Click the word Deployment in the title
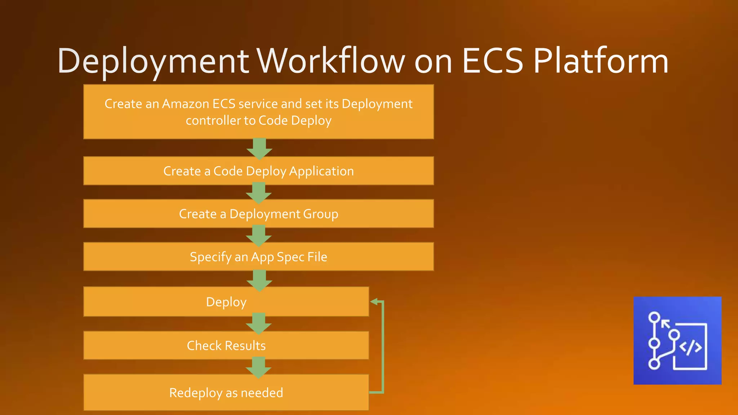click(x=153, y=61)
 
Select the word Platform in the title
click(x=601, y=61)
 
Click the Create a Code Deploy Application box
click(x=258, y=171)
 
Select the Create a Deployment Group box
click(x=258, y=214)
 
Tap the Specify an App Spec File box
click(x=258, y=257)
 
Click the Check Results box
click(x=226, y=345)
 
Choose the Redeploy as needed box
click(x=226, y=393)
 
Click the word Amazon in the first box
click(x=185, y=104)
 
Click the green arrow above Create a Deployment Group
click(x=259, y=193)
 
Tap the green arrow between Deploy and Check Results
click(x=259, y=323)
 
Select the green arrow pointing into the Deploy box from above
click(x=259, y=280)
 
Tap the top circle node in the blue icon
click(x=654, y=317)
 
